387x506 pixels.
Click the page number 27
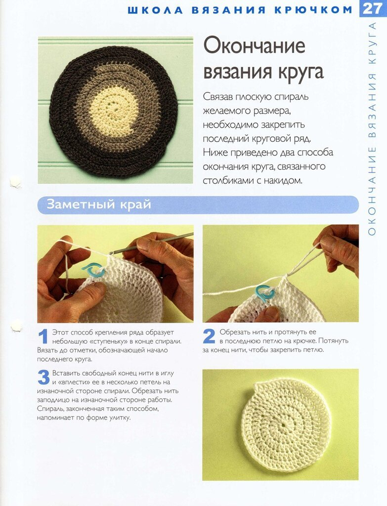click(x=372, y=9)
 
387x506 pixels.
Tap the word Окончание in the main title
click(x=254, y=46)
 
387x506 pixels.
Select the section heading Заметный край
click(x=99, y=205)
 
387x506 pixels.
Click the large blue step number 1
click(x=43, y=337)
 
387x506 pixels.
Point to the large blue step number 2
click(x=209, y=337)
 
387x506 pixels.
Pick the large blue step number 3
click(x=43, y=378)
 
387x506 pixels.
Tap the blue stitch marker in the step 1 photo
click(x=93, y=270)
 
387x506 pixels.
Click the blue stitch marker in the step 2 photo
click(x=265, y=293)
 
